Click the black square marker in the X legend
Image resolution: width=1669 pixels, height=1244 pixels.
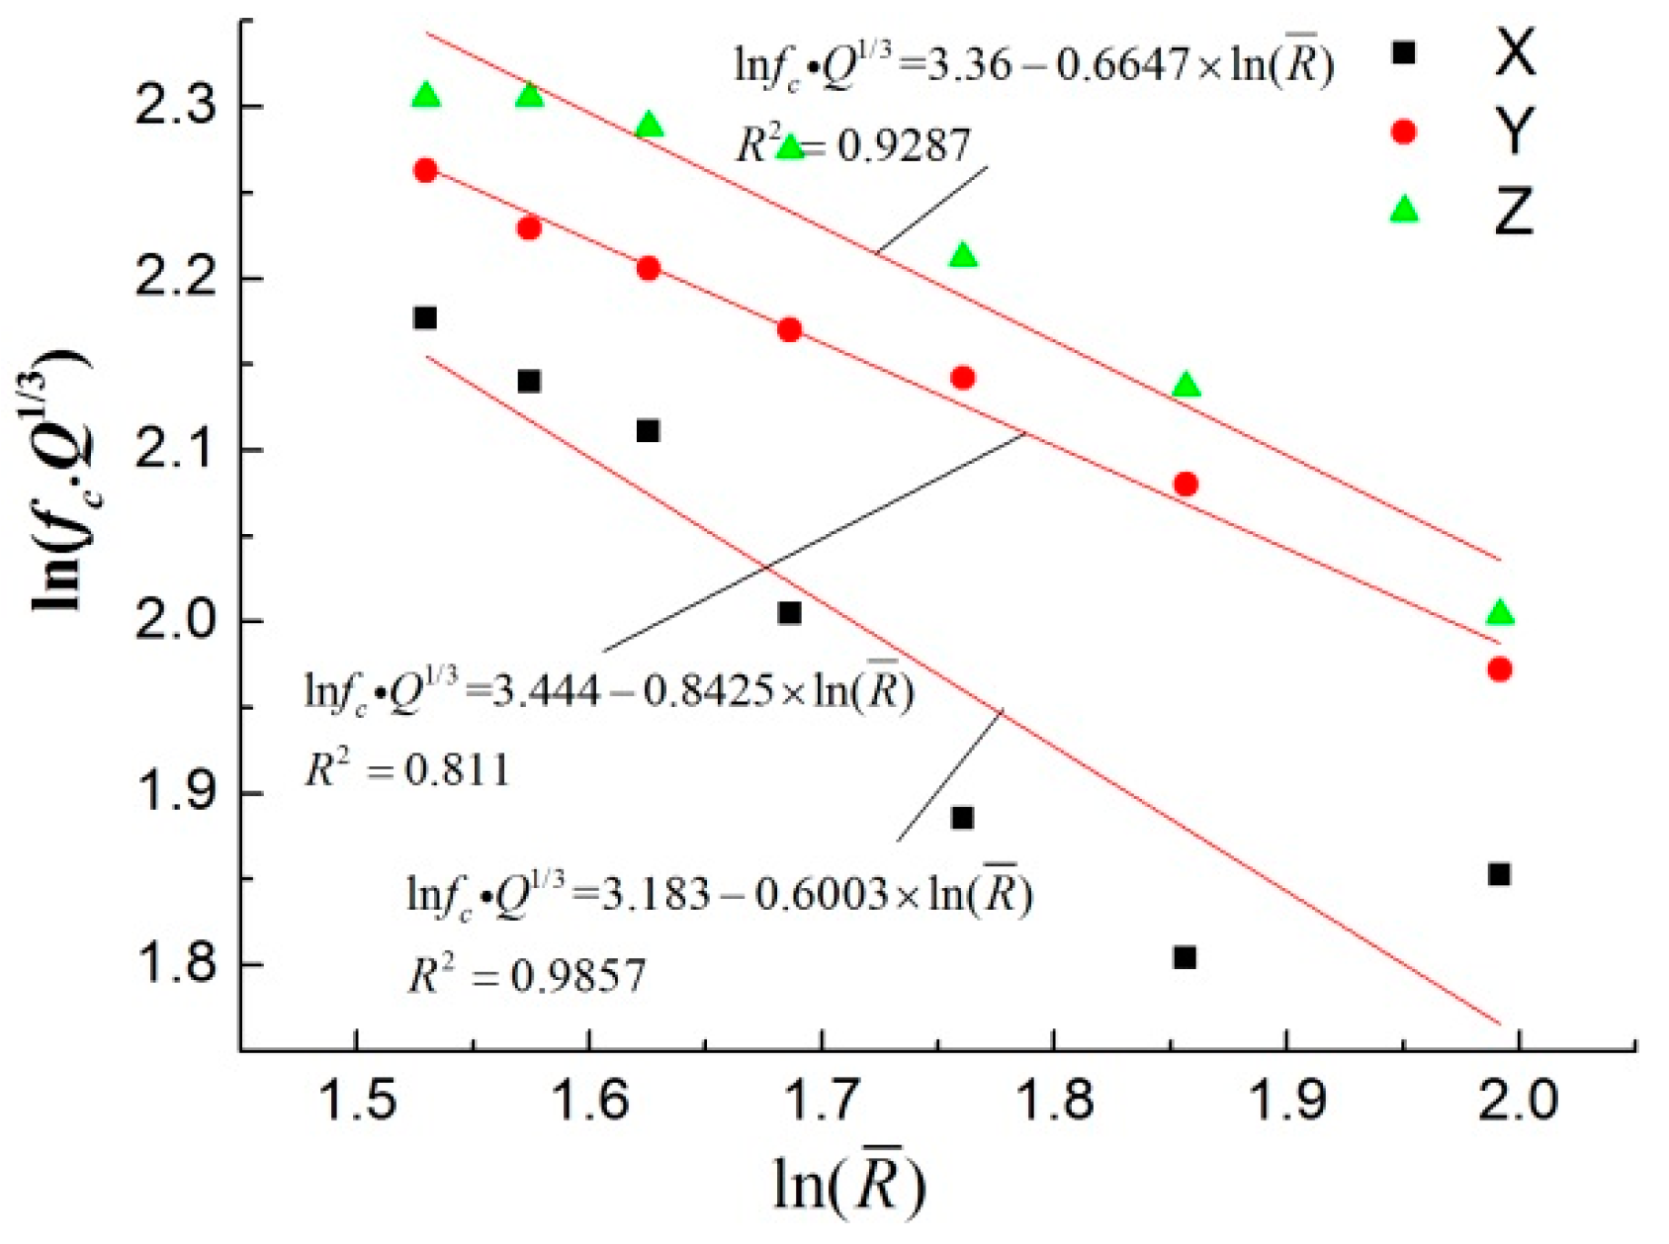1403,53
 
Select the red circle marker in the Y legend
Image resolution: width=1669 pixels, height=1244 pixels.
1403,132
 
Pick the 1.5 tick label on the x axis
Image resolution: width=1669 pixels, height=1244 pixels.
356,1101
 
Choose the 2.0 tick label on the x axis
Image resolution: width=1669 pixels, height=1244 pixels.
1519,1101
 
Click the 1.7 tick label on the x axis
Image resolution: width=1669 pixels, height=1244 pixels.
821,1101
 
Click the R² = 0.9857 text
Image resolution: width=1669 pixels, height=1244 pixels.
527,977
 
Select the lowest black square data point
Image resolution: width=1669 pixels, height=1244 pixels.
1185,957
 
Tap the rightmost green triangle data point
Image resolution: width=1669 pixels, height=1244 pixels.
1500,613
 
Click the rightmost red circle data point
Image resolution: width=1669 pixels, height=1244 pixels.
1500,669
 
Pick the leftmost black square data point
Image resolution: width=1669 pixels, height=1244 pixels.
425,317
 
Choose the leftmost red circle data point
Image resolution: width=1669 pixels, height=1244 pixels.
425,170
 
